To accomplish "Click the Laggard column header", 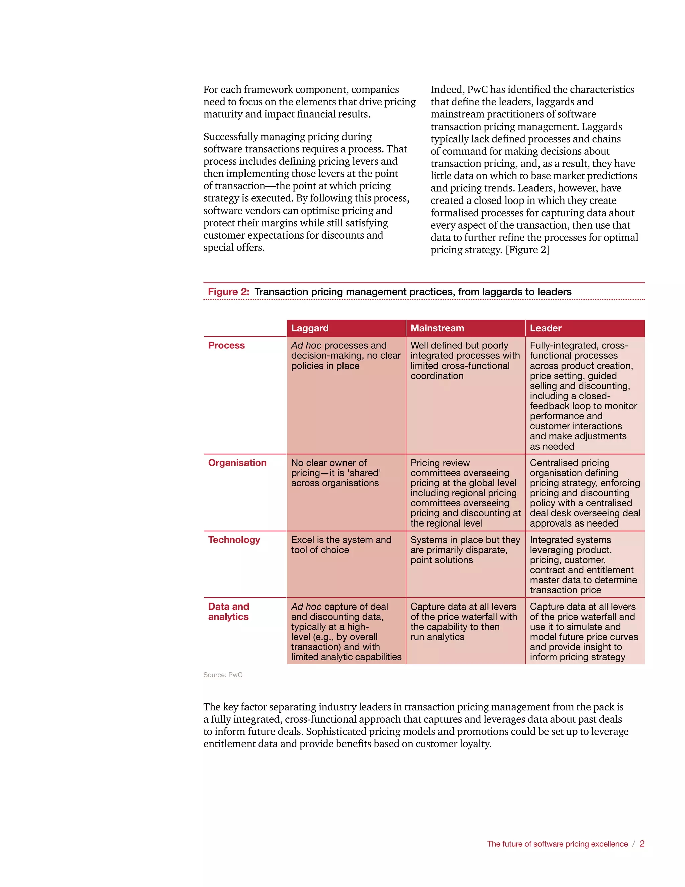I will pos(310,328).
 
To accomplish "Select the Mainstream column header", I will pos(437,328).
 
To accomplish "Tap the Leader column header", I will pos(546,328).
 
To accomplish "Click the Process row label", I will pos(226,346).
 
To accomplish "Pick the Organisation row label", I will pos(237,463).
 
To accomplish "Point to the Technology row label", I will pos(234,540).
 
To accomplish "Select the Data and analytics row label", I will pos(228,611).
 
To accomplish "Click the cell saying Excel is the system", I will pos(341,545).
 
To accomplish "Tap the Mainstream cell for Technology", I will pos(465,550).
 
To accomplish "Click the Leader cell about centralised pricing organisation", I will pos(584,493).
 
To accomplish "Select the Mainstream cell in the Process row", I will pos(465,360).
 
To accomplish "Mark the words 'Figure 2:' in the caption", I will pos(228,292).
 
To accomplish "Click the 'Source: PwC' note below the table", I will pos(223,675).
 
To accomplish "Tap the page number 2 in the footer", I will pos(642,844).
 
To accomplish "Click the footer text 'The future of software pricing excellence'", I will pos(557,844).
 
